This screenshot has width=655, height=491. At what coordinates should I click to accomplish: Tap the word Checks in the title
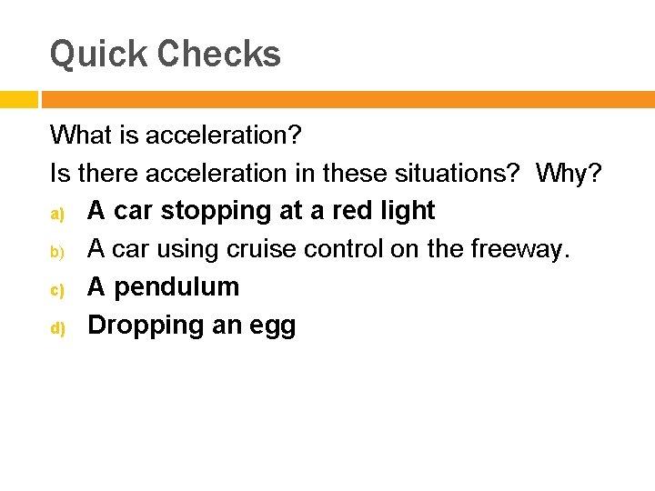tap(218, 55)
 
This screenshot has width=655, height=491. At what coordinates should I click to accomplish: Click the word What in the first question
tap(78, 135)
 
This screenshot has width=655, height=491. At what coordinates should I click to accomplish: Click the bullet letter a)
tap(56, 213)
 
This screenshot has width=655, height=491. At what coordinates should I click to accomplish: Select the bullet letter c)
tap(56, 289)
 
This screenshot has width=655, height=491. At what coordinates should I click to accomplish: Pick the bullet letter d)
tap(56, 327)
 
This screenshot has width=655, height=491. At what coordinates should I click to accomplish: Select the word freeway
tap(519, 249)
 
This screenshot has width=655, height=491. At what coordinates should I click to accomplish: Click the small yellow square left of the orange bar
tap(18, 99)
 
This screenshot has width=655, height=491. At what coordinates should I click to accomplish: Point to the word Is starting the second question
tap(59, 173)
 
